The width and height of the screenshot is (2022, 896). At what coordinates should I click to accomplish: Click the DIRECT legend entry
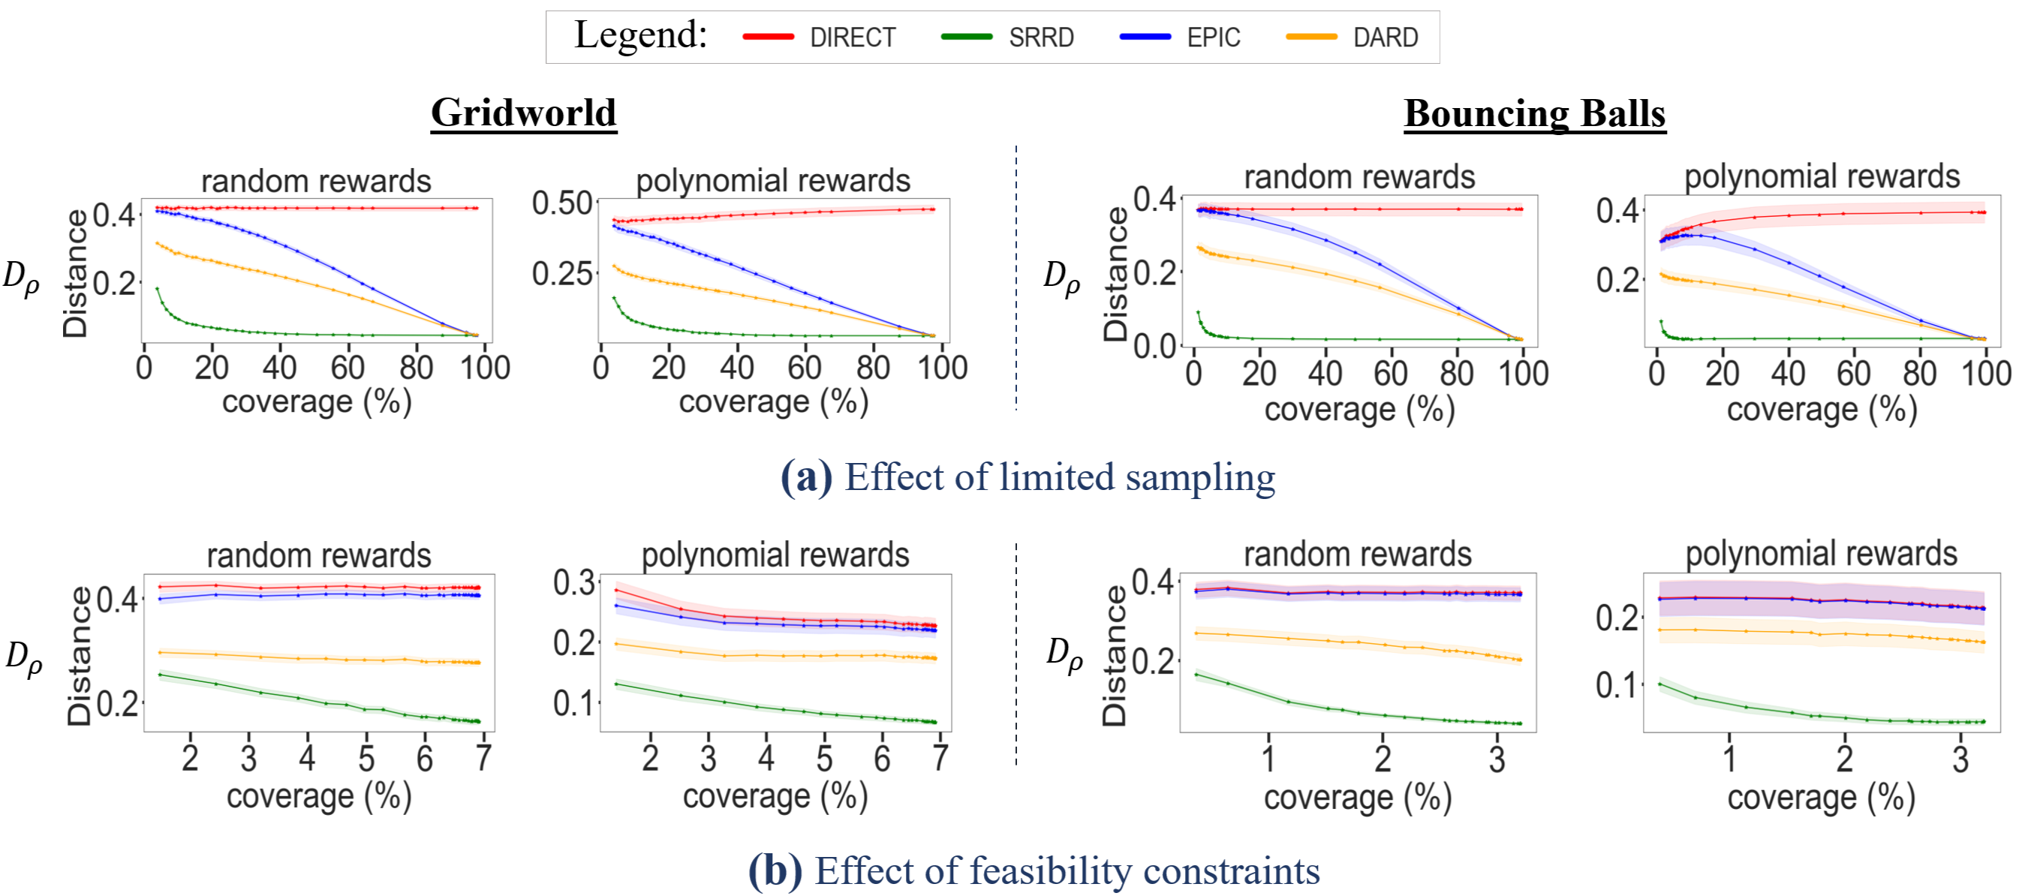pyautogui.click(x=852, y=38)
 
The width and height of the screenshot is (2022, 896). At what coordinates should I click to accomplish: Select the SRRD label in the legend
pyautogui.click(x=1041, y=38)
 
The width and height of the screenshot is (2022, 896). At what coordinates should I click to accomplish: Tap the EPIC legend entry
pyautogui.click(x=1213, y=38)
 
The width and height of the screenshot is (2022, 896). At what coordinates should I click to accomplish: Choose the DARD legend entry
pyautogui.click(x=1386, y=38)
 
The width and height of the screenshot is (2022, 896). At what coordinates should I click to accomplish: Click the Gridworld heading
pyautogui.click(x=524, y=113)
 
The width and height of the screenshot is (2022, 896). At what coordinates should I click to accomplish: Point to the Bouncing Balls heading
pyautogui.click(x=1535, y=114)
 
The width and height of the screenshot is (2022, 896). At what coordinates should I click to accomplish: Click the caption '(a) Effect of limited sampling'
pyautogui.click(x=1028, y=477)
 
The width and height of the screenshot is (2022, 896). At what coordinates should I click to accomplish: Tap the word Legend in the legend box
pyautogui.click(x=640, y=35)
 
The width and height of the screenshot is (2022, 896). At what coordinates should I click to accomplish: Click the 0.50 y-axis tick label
pyautogui.click(x=562, y=203)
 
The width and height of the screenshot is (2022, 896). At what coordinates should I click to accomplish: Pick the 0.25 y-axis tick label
pyautogui.click(x=562, y=274)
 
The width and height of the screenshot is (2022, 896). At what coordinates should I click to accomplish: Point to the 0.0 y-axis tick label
pyautogui.click(x=1154, y=345)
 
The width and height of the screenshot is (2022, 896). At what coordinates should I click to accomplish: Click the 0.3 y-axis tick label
pyautogui.click(x=573, y=583)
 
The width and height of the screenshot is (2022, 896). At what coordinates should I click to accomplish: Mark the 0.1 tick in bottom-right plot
pyautogui.click(x=1617, y=686)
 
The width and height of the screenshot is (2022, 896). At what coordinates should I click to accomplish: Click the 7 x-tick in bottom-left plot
pyautogui.click(x=483, y=759)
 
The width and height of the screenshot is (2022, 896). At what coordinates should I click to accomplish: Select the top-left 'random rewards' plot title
pyautogui.click(x=316, y=182)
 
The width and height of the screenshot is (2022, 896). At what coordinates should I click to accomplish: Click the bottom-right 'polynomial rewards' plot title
pyautogui.click(x=1821, y=554)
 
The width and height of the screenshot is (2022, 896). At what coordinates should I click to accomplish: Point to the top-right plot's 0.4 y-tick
pyautogui.click(x=1617, y=211)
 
